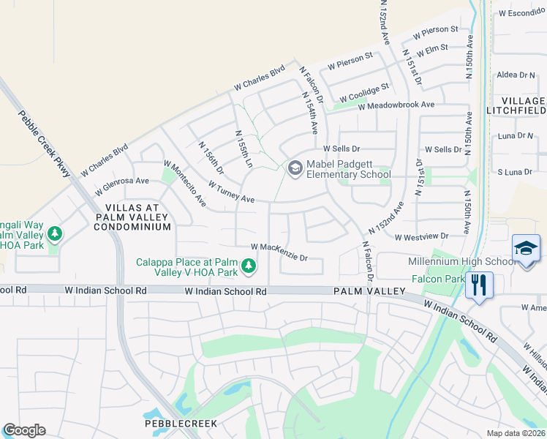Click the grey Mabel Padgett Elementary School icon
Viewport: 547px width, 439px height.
point(295,169)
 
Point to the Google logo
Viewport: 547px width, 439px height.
point(24,430)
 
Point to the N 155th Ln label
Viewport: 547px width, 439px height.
point(244,147)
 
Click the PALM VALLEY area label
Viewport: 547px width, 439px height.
point(369,291)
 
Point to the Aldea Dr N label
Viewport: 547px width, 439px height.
point(516,75)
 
